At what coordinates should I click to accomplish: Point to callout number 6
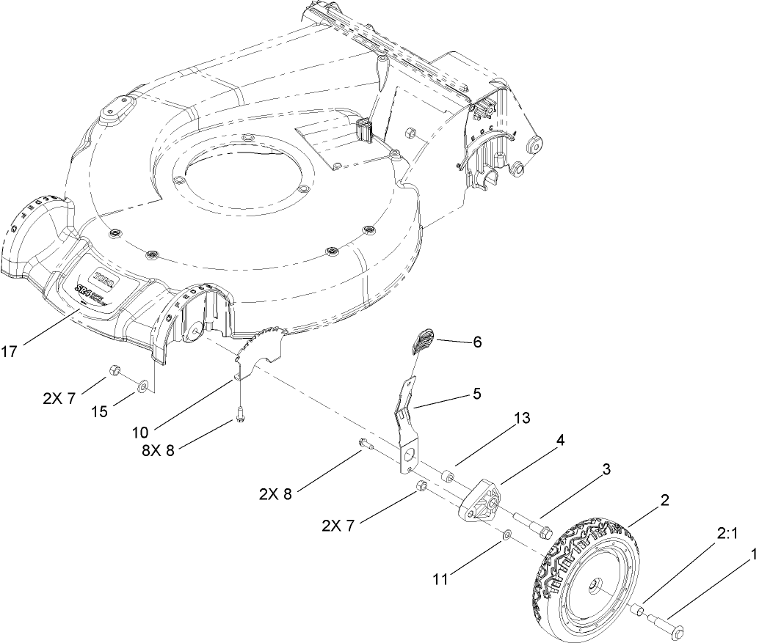[477, 342]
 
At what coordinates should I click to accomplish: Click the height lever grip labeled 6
[422, 342]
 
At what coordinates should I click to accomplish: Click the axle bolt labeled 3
[531, 525]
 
